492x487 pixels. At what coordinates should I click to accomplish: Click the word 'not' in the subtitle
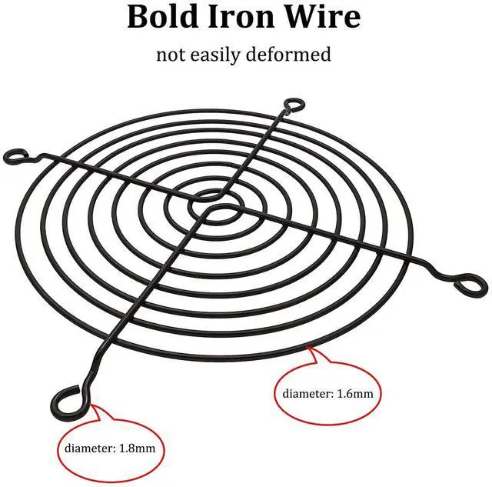click(171, 55)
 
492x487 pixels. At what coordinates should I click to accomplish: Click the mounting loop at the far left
click(14, 157)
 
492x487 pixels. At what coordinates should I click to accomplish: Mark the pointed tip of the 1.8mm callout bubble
click(91, 402)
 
